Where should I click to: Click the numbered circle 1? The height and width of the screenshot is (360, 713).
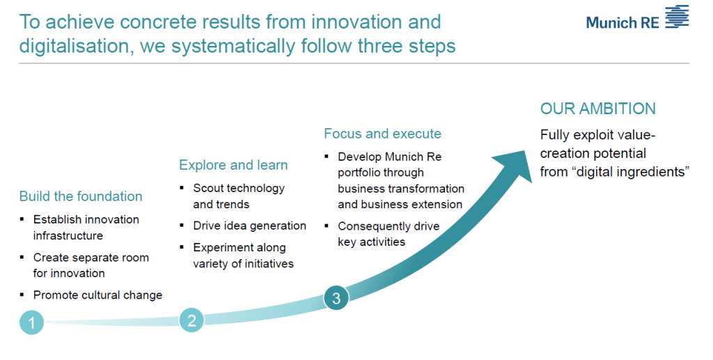pos(32,322)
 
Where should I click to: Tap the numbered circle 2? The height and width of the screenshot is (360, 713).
pos(191,320)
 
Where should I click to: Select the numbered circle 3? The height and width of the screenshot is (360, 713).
pos(336,298)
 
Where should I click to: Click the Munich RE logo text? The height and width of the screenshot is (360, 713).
pos(622,22)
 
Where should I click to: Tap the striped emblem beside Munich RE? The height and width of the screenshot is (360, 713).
pos(677,17)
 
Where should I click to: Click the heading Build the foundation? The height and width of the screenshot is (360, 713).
pos(81,196)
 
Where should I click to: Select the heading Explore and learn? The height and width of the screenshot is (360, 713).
pos(233,165)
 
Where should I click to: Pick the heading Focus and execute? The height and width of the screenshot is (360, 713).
pos(382,134)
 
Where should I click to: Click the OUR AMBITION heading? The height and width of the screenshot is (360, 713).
pos(598,109)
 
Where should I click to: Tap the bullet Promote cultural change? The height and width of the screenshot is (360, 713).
pos(97,295)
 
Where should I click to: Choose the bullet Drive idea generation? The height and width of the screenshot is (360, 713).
pos(250,226)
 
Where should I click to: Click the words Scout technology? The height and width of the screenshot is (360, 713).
pos(239,188)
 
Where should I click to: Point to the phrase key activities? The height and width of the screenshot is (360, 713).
pos(372,242)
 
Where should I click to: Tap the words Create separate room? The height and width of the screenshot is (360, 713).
pos(91,258)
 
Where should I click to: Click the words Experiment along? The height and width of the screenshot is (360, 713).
pos(240,248)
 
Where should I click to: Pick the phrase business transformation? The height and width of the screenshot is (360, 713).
pos(401,189)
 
